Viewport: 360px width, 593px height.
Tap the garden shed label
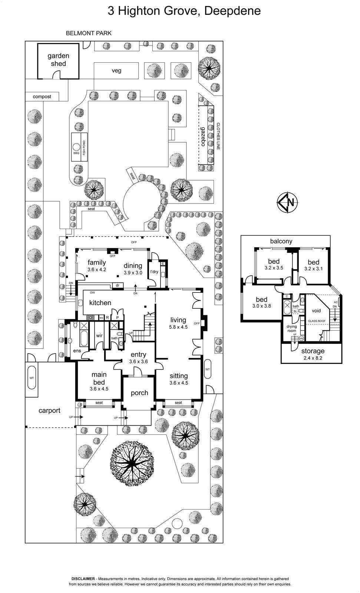(58, 60)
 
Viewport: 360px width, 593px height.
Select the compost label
(42, 97)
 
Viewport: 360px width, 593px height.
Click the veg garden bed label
(116, 70)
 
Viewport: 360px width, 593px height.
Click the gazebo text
(203, 136)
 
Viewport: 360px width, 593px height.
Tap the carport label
(49, 411)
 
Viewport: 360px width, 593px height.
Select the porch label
(139, 393)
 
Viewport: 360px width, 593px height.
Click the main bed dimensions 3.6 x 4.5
(99, 389)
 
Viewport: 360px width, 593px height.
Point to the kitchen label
(100, 303)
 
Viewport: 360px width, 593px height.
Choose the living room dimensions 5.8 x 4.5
(178, 327)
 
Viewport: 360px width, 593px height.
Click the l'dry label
(154, 272)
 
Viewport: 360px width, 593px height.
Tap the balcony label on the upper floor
(281, 241)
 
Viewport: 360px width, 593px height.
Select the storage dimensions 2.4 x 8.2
(313, 358)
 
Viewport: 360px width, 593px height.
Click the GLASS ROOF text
(317, 321)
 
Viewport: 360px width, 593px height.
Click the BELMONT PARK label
(89, 33)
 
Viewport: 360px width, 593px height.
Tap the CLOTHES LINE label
(218, 136)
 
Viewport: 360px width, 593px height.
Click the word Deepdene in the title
(232, 11)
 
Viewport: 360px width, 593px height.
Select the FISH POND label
(84, 148)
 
